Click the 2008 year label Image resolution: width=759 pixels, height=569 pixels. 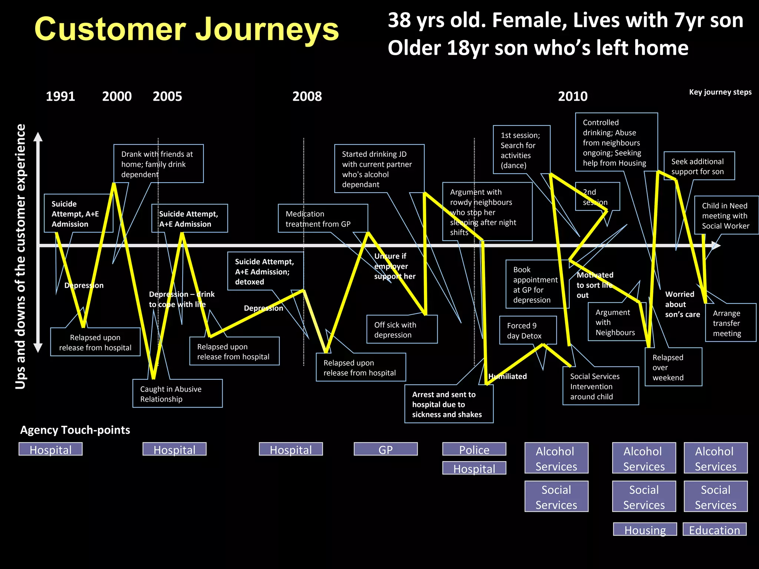tap(307, 96)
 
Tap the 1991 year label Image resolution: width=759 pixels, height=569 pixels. tap(60, 96)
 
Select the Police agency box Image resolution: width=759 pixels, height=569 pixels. tap(474, 449)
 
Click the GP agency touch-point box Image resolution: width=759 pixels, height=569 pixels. tap(385, 449)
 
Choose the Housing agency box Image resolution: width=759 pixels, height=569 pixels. tap(645, 530)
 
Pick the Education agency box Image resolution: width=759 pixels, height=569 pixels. tap(715, 530)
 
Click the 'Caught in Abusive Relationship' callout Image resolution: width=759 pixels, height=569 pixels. tap(177, 394)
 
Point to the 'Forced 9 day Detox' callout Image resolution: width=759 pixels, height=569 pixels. tap(527, 330)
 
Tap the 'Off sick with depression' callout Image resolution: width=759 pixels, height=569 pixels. tap(402, 330)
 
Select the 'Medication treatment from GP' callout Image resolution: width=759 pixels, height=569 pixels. tap(322, 219)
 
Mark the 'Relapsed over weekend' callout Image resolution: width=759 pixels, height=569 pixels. tap(673, 367)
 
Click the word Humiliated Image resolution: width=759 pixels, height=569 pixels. tap(508, 376)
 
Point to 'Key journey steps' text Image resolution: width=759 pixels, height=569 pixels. tap(720, 92)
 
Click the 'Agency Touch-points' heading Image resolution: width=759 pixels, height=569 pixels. tap(75, 430)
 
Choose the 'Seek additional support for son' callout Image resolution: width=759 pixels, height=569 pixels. tap(699, 166)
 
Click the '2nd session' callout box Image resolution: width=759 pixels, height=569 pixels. tap(597, 196)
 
